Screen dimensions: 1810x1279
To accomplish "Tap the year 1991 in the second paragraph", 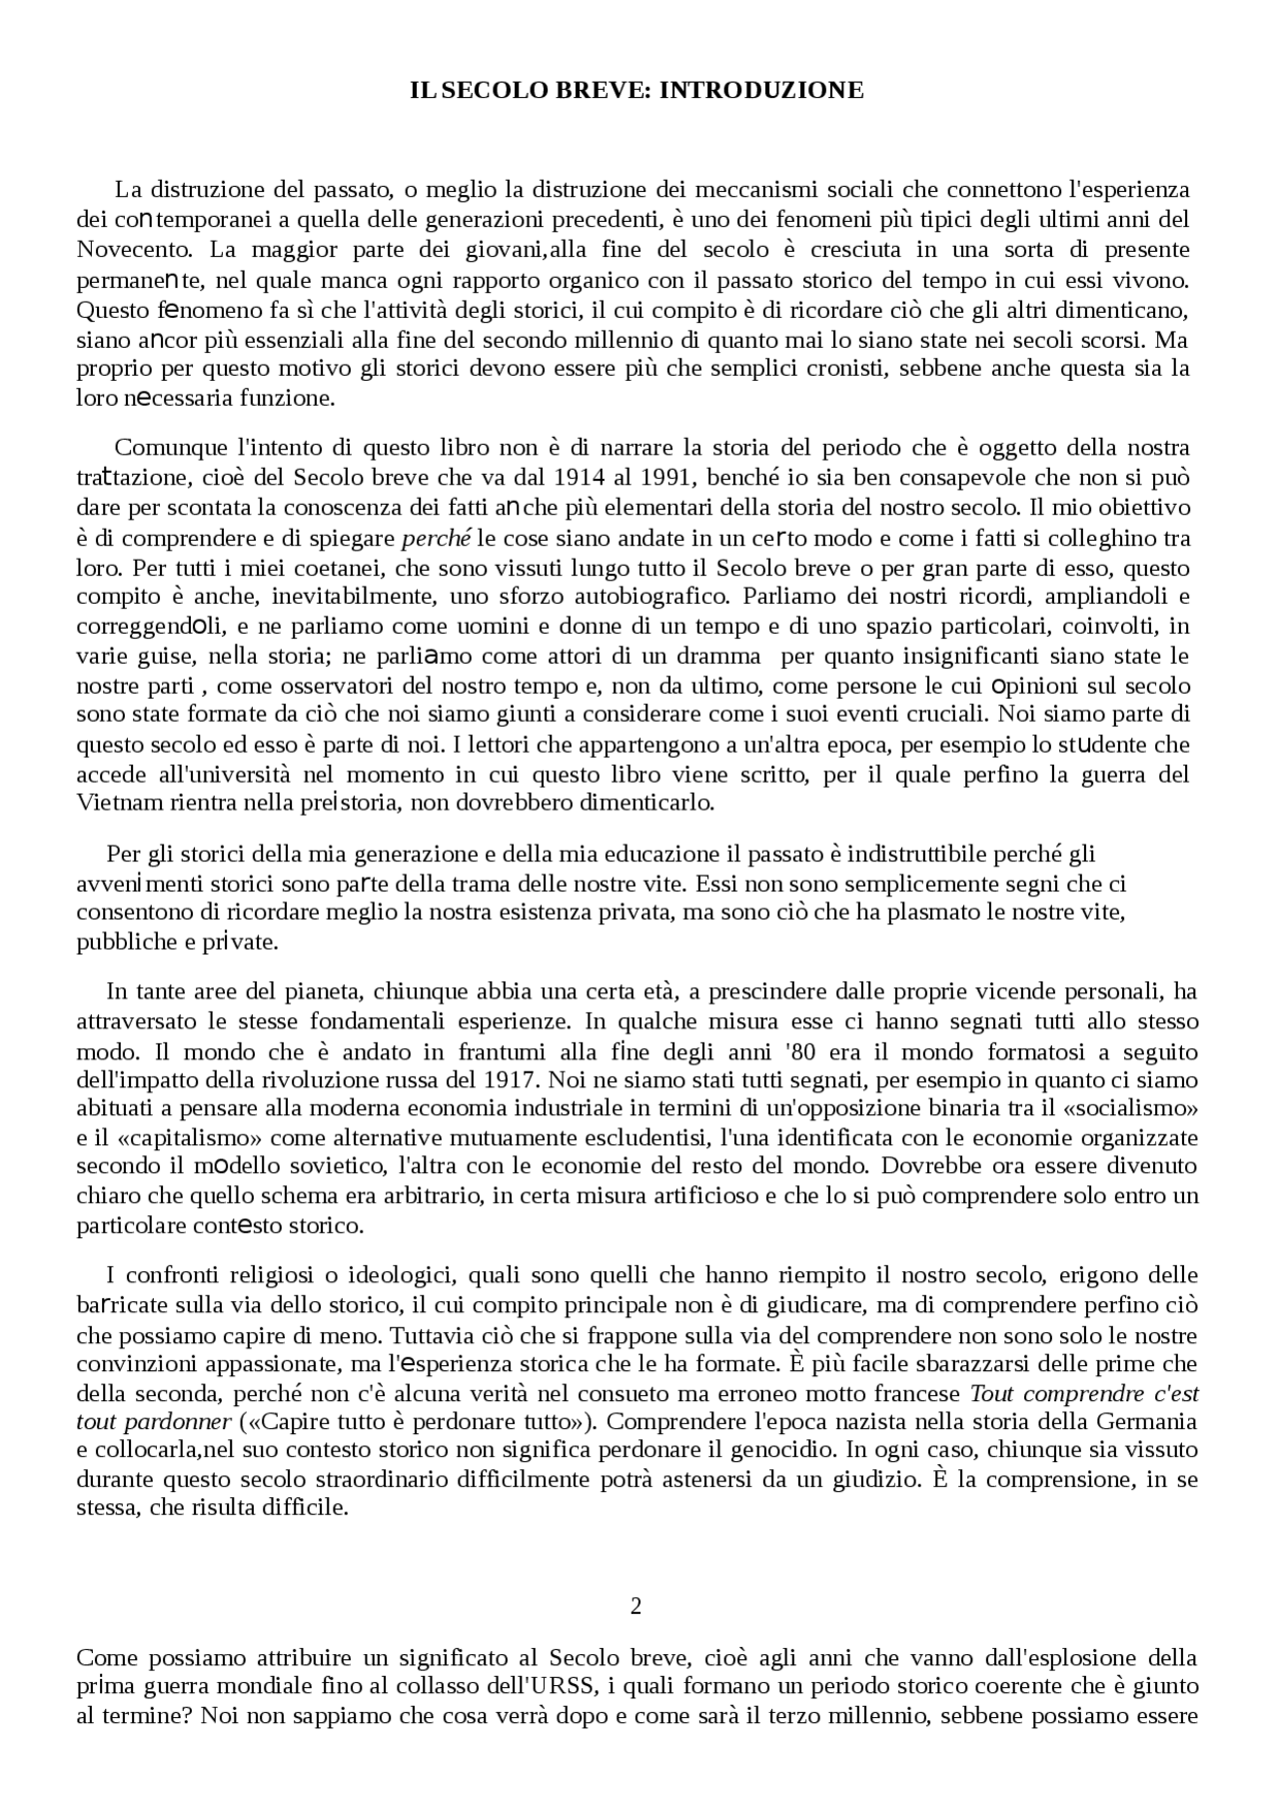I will tap(661, 477).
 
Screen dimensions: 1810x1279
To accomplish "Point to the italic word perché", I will tap(436, 539).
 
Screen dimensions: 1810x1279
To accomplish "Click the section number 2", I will tap(636, 1606).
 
